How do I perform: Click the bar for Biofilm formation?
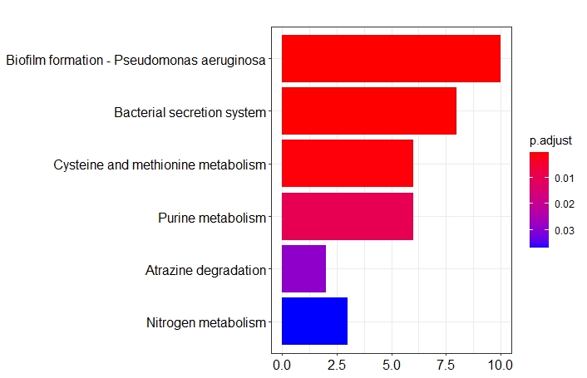(x=391, y=58)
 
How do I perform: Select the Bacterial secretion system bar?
(x=369, y=111)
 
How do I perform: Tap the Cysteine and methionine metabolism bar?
(x=348, y=164)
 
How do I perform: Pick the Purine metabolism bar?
(x=348, y=216)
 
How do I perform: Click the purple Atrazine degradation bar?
(x=303, y=269)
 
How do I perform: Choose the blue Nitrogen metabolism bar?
(x=314, y=322)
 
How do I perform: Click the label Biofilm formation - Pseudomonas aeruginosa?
(x=136, y=60)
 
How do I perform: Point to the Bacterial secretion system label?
(x=190, y=112)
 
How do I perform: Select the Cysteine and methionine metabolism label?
(x=160, y=164)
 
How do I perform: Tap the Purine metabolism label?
(x=212, y=218)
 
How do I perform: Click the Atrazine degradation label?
(x=205, y=270)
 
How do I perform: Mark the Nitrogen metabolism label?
(x=206, y=322)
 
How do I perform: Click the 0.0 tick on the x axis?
(x=283, y=364)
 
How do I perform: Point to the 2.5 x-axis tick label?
(x=337, y=364)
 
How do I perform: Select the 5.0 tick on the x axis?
(x=391, y=364)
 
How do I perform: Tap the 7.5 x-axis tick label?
(x=446, y=364)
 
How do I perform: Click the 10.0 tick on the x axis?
(x=500, y=364)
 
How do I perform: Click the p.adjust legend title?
(x=550, y=140)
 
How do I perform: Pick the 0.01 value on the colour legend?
(x=565, y=178)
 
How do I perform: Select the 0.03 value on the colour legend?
(x=565, y=230)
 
